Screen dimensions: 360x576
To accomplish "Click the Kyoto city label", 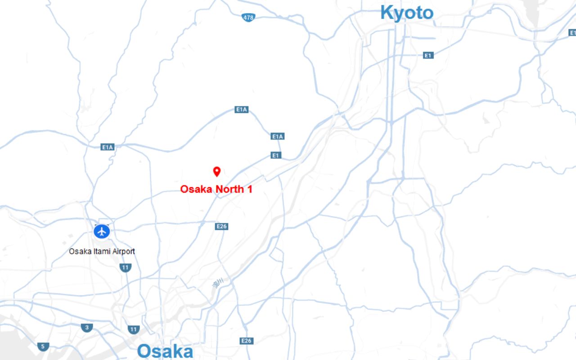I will pyautogui.click(x=406, y=13).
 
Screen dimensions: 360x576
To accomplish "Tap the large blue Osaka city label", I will pyautogui.click(x=165, y=351).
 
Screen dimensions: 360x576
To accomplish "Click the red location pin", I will pyautogui.click(x=216, y=171).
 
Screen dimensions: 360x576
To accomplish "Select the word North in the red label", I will pyautogui.click(x=229, y=189).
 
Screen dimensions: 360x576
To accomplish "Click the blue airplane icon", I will pyautogui.click(x=102, y=232).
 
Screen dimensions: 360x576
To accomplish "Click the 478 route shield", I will pyautogui.click(x=248, y=18).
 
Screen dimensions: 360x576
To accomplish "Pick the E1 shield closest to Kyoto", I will pyautogui.click(x=428, y=55).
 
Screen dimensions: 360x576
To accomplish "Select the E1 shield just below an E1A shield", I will pyautogui.click(x=276, y=155).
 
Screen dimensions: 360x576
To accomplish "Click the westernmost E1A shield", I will pyautogui.click(x=108, y=147).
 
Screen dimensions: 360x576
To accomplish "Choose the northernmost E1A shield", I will pyautogui.click(x=242, y=109).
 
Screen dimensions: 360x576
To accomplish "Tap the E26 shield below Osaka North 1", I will pyautogui.click(x=221, y=226).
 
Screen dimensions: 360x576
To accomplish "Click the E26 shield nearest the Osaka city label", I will pyautogui.click(x=246, y=341).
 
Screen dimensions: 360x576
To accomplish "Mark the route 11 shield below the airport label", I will pyautogui.click(x=126, y=268).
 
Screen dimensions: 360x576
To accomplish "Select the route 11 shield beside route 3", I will pyautogui.click(x=133, y=329).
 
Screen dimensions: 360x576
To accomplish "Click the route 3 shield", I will pyautogui.click(x=87, y=328).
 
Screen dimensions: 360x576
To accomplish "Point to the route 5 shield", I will pyautogui.click(x=43, y=346).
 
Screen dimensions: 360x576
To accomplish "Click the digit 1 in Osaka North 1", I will pyautogui.click(x=249, y=189).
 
